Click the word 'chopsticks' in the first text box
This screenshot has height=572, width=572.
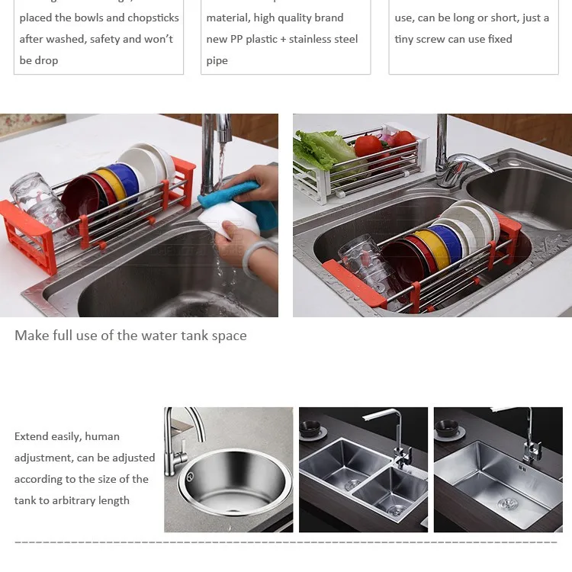tap(153, 18)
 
